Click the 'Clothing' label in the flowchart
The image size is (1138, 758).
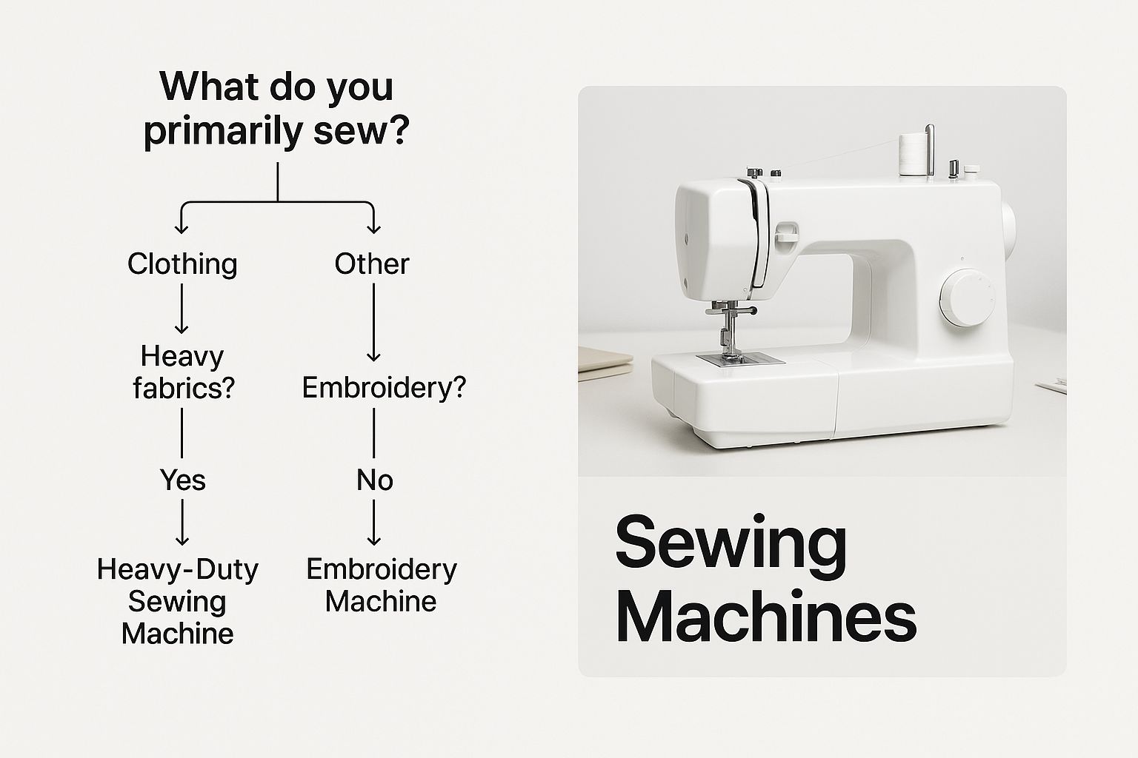pos(182,264)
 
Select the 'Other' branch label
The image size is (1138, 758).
pos(372,264)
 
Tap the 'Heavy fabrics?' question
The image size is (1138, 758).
pos(184,372)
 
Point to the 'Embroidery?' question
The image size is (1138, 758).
pos(384,387)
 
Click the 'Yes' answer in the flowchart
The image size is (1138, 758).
pos(183,480)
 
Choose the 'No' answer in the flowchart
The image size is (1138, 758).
pos(375,480)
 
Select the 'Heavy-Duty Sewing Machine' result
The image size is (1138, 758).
pos(178,601)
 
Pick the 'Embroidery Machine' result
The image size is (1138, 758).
pos(382,585)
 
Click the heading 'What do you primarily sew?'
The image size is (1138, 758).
pos(277,109)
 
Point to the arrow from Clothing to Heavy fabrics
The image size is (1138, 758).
pos(182,308)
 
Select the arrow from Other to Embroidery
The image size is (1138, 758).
pos(374,322)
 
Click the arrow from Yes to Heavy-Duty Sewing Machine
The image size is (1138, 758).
pos(182,522)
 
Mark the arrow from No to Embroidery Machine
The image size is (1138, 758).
pos(374,522)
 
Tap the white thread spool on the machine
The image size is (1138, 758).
pos(914,155)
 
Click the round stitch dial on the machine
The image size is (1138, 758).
pos(966,298)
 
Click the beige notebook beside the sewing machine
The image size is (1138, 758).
pos(605,363)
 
